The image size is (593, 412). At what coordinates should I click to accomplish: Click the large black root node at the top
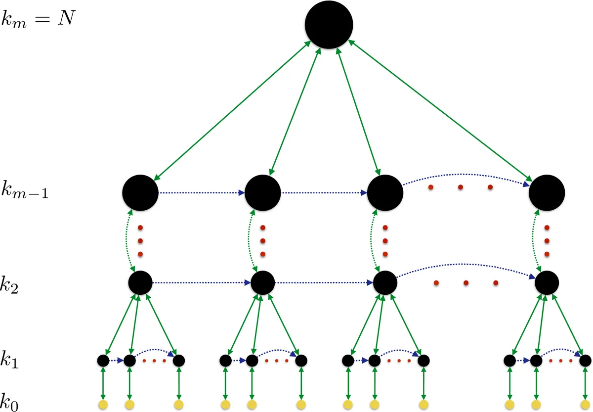[329, 25]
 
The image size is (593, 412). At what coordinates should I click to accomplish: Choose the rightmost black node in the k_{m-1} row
[547, 193]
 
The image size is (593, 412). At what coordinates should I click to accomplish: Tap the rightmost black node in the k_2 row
[547, 283]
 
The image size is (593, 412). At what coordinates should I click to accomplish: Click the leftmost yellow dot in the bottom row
[103, 405]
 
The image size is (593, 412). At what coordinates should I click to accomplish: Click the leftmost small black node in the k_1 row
[103, 361]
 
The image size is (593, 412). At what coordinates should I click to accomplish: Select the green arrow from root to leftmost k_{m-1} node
[232, 109]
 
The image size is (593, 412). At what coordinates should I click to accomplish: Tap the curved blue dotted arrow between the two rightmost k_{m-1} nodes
[465, 174]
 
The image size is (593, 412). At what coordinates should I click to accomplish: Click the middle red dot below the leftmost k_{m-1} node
[140, 241]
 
